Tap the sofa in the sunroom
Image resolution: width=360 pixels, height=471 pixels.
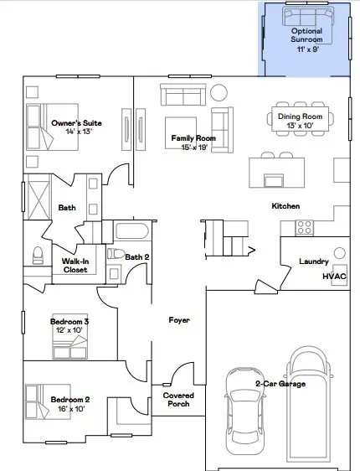click(x=306, y=17)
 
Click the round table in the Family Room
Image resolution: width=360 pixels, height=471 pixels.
click(x=219, y=92)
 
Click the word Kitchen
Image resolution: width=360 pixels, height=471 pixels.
click(x=285, y=206)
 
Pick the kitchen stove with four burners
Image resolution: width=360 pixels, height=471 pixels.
click(x=303, y=226)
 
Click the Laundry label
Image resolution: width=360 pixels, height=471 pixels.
click(x=314, y=261)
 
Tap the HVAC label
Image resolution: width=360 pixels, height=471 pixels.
click(x=334, y=276)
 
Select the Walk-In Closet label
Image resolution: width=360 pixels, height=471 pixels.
click(x=76, y=265)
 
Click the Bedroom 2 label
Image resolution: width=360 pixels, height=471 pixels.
click(x=69, y=398)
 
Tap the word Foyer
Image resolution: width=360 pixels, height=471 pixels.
click(x=179, y=320)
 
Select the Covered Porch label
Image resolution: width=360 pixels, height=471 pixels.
click(x=177, y=399)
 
